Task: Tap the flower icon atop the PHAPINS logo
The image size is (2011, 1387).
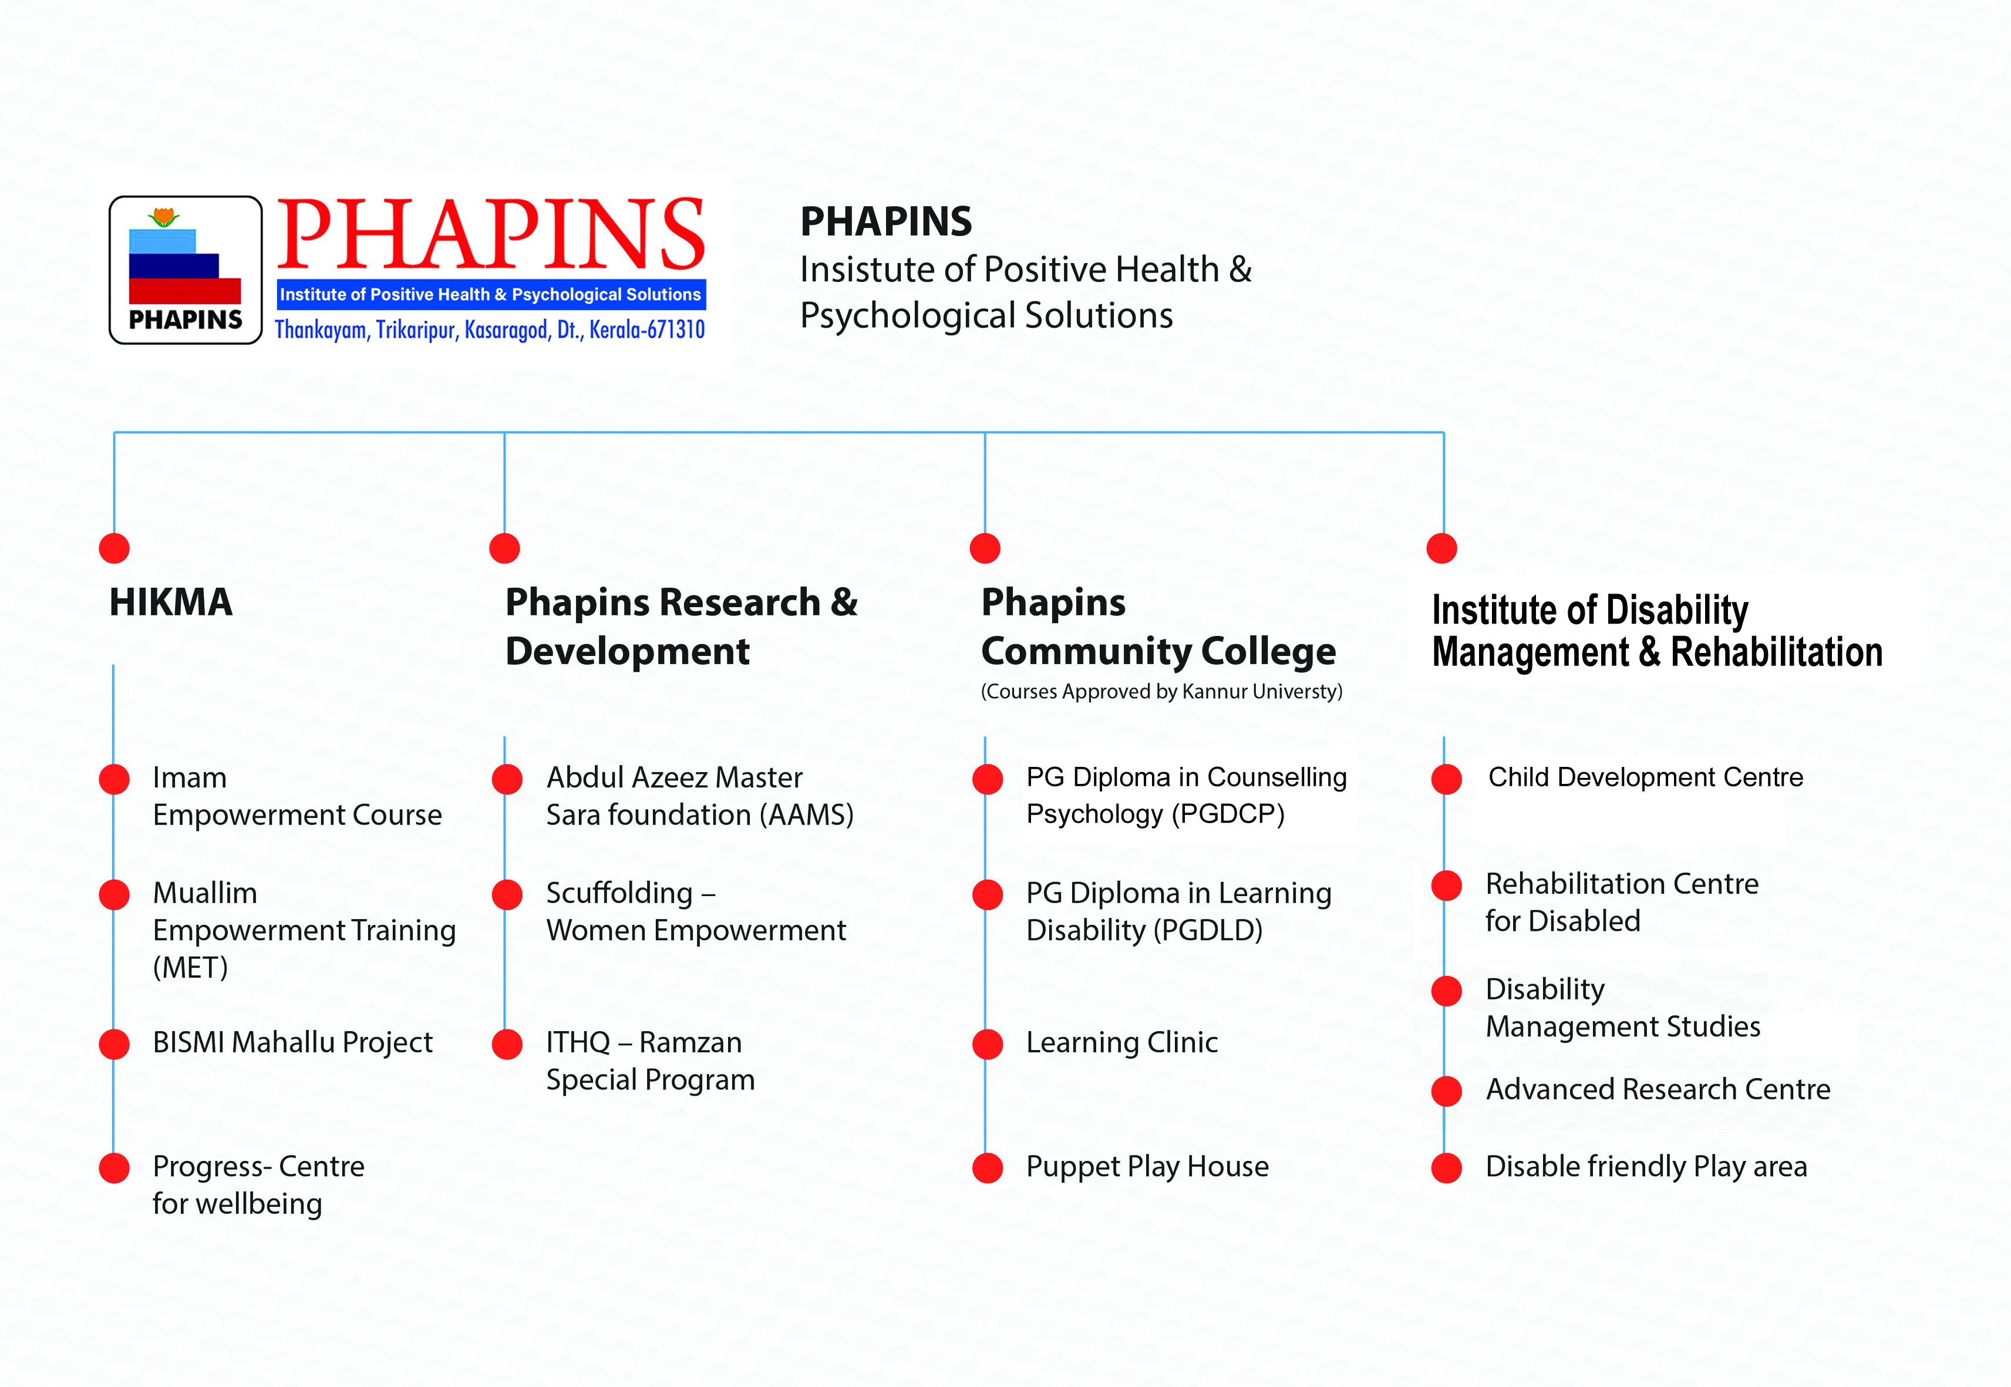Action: (163, 217)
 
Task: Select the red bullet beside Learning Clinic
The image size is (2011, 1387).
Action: (987, 1043)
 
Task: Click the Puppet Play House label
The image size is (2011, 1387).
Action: (1147, 1166)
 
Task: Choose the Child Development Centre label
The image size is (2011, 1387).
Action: (1645, 776)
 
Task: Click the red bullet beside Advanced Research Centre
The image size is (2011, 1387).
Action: (1446, 1090)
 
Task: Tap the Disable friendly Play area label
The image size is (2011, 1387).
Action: (1646, 1166)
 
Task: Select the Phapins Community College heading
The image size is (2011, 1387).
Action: (1158, 627)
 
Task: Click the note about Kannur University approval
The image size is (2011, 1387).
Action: (1161, 692)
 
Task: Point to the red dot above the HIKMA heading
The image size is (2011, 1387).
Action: (114, 548)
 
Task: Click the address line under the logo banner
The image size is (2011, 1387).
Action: (489, 329)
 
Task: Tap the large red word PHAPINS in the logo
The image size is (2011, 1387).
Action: (491, 233)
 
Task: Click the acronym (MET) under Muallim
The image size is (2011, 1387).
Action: (190, 967)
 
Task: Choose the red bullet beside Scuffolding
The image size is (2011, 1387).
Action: (507, 894)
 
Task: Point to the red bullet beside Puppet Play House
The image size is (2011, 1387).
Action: (987, 1168)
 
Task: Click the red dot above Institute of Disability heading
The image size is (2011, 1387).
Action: (1442, 548)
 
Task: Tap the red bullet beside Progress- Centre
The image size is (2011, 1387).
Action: (114, 1168)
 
